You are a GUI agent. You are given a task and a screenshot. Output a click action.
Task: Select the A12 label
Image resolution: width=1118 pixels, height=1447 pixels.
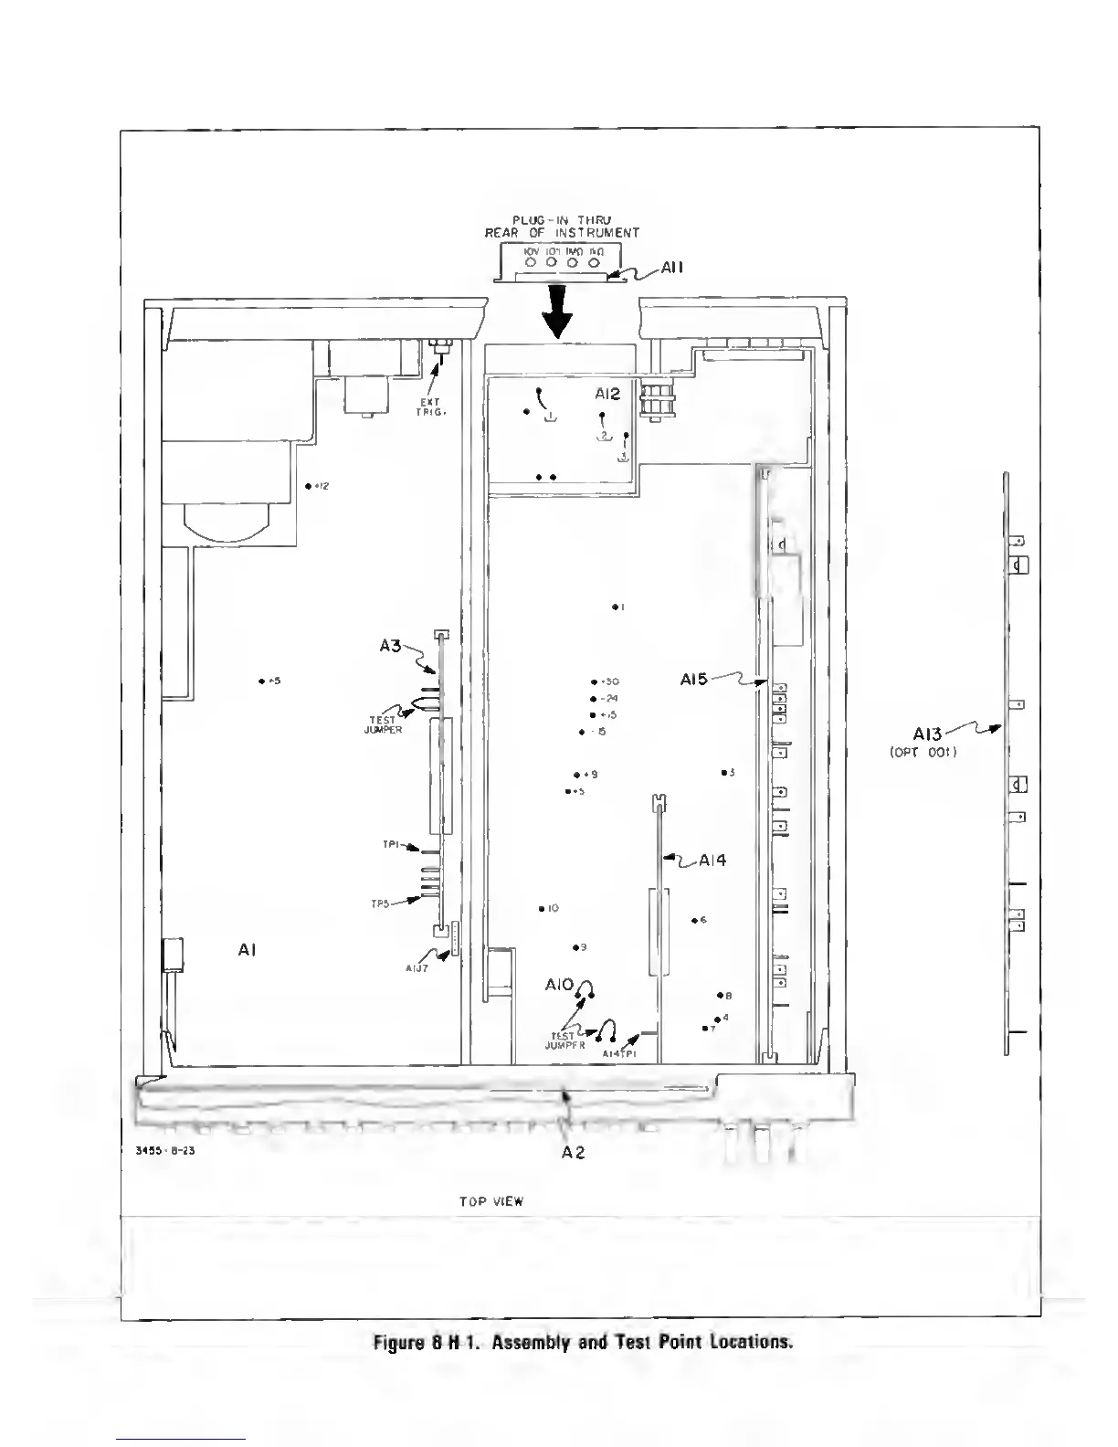pyautogui.click(x=607, y=394)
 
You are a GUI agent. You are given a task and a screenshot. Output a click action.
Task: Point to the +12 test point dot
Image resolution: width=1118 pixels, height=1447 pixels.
pyautogui.click(x=308, y=486)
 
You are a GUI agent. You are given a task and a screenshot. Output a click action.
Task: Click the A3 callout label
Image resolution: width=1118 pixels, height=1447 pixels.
pyautogui.click(x=390, y=646)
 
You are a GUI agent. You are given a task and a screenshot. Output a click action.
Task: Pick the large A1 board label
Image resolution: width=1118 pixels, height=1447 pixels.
pyautogui.click(x=247, y=950)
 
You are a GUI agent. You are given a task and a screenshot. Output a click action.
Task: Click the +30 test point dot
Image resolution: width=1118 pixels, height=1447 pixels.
pyautogui.click(x=594, y=681)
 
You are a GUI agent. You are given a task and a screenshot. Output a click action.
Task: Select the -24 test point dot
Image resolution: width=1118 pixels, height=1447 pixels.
pyautogui.click(x=594, y=699)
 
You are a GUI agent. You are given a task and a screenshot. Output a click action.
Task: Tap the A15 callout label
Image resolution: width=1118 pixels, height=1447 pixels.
pyautogui.click(x=694, y=679)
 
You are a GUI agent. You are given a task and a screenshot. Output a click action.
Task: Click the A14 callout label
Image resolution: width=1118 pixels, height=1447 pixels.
pyautogui.click(x=712, y=860)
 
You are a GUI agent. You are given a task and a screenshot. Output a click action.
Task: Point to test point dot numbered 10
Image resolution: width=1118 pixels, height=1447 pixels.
pyautogui.click(x=542, y=909)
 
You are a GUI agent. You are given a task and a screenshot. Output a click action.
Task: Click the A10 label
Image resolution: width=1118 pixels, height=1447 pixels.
pyautogui.click(x=558, y=985)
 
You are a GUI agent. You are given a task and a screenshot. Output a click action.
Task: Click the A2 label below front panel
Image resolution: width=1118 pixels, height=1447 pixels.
pyautogui.click(x=573, y=1152)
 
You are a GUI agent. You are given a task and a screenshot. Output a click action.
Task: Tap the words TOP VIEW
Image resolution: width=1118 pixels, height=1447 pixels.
pyautogui.click(x=491, y=1201)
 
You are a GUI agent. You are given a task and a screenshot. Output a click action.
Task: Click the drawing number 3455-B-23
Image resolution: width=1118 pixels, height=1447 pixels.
pyautogui.click(x=165, y=1151)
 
